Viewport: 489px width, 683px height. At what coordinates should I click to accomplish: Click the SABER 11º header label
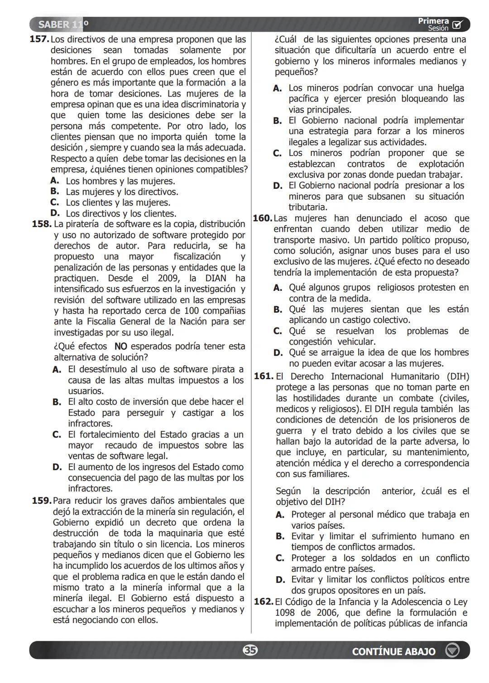click(63, 24)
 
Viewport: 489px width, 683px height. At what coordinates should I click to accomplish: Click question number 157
click(39, 39)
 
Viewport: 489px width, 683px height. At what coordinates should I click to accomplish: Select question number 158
click(41, 224)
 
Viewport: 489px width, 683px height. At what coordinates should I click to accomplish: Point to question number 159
click(41, 500)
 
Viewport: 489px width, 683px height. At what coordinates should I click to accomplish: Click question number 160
click(262, 218)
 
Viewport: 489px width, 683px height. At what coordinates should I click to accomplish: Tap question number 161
click(264, 376)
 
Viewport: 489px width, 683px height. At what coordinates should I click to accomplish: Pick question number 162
click(264, 602)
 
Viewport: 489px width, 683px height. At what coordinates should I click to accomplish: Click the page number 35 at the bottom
click(249, 650)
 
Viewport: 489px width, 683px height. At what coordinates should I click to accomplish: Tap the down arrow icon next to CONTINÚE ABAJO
click(452, 651)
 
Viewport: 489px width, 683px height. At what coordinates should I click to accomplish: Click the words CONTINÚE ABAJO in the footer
click(393, 651)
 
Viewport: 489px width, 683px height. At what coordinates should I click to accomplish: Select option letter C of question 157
click(55, 202)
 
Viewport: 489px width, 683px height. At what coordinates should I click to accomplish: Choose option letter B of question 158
click(57, 402)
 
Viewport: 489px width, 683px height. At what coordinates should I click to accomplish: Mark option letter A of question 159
click(278, 88)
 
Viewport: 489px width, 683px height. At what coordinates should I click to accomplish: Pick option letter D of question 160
click(278, 353)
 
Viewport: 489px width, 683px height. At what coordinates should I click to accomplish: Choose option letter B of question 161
click(280, 536)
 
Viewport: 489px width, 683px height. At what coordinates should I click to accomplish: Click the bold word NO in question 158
click(121, 346)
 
